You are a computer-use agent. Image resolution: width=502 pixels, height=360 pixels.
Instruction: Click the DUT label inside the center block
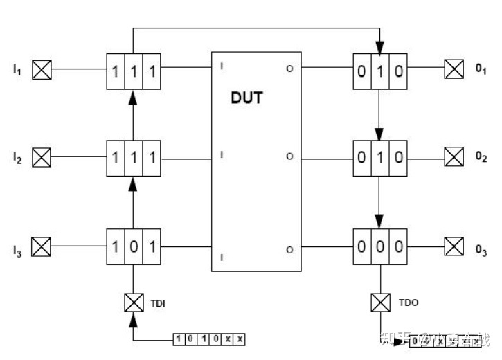click(246, 98)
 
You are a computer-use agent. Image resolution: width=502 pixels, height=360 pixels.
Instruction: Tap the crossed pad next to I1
click(43, 69)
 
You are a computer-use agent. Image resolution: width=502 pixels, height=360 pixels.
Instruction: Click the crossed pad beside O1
click(454, 69)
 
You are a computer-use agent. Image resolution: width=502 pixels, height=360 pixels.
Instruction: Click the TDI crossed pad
click(132, 303)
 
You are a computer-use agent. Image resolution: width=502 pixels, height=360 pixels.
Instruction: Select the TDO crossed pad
click(379, 303)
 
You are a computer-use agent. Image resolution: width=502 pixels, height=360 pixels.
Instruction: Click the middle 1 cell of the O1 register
click(379, 69)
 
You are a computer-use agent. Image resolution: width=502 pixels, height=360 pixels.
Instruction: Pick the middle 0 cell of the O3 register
click(379, 246)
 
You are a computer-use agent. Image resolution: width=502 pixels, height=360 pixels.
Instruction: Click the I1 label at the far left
click(17, 70)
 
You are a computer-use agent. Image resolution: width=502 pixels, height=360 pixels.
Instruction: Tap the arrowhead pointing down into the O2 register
click(379, 133)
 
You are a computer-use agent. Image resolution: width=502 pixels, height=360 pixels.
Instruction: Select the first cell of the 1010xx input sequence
click(179, 339)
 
